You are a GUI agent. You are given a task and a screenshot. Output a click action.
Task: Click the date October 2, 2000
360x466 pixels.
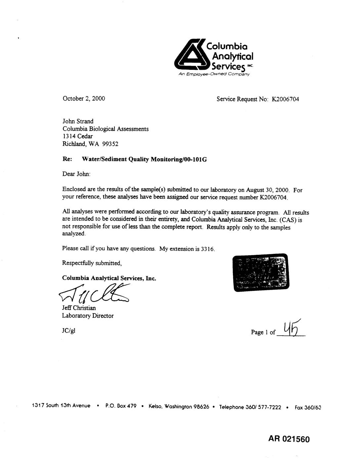click(84, 98)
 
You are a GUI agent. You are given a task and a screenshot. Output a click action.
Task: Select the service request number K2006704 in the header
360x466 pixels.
click(285, 99)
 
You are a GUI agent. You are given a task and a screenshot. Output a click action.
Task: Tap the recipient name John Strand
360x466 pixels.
click(78, 121)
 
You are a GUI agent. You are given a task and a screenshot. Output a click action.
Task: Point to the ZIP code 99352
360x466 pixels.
click(110, 144)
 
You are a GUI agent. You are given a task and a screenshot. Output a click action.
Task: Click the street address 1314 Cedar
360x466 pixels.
click(78, 136)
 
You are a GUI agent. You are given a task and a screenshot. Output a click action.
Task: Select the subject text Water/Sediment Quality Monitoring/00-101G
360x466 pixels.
click(144, 159)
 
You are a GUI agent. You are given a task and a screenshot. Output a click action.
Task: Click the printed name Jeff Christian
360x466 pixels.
click(79, 308)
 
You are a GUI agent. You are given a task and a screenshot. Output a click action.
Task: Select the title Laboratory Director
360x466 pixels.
click(88, 316)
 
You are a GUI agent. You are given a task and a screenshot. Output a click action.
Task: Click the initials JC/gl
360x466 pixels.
click(68, 331)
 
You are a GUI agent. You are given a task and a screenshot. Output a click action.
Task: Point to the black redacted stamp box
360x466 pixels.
click(261, 272)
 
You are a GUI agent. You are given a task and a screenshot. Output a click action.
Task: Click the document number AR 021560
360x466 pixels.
click(289, 439)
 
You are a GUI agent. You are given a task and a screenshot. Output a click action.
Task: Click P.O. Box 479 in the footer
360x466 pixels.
click(121, 406)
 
